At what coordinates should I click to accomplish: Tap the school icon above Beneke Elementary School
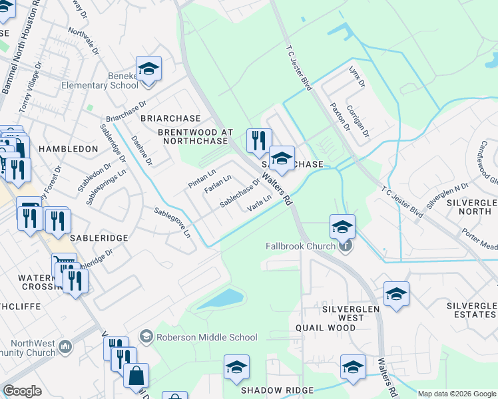[x=148, y=68]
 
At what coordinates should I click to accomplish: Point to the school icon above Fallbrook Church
[x=342, y=227]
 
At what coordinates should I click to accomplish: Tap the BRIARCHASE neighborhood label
[x=166, y=118]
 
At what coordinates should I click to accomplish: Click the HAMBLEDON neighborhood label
[x=69, y=149]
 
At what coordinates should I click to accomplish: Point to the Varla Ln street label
[x=260, y=203]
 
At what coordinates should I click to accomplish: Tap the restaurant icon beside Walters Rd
[x=258, y=140]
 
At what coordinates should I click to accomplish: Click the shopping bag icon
[x=136, y=376]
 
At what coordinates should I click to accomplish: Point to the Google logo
[x=23, y=391]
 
